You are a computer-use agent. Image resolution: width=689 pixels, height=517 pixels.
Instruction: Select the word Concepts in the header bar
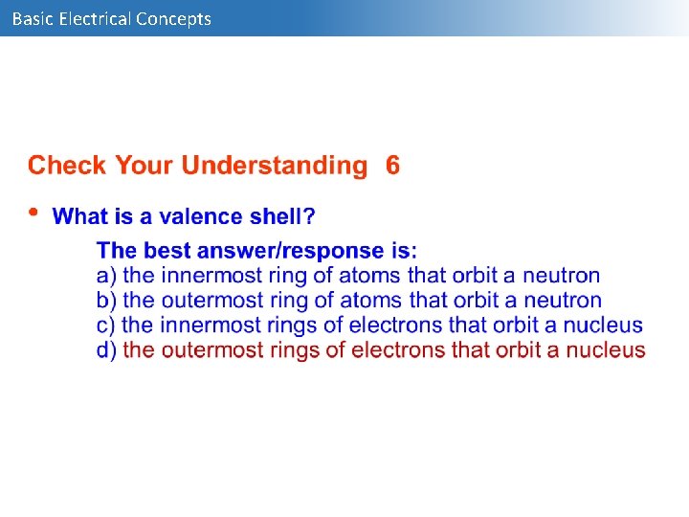[174, 18]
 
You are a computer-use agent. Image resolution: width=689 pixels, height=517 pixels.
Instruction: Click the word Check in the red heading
[68, 166]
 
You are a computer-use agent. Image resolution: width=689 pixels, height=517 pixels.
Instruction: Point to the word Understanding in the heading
[274, 166]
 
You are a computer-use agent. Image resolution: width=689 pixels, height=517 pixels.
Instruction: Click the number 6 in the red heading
[392, 166]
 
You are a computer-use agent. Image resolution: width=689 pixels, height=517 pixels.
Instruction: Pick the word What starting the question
[80, 216]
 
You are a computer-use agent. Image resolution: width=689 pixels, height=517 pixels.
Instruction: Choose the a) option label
[107, 276]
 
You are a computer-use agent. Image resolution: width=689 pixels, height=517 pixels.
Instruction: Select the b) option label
[107, 301]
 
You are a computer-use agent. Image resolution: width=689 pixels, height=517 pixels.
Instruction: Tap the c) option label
[107, 326]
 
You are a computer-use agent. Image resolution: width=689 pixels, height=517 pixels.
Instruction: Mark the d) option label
[107, 350]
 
